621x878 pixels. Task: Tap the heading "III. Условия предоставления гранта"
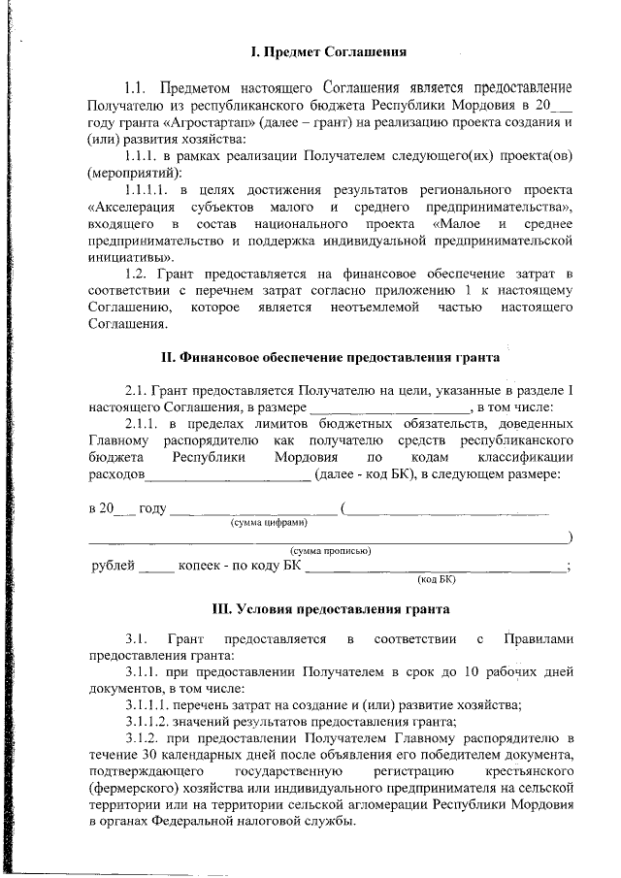pyautogui.click(x=330, y=610)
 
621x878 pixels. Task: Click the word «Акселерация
pyautogui.click(x=132, y=208)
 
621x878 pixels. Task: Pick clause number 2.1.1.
pyautogui.click(x=142, y=424)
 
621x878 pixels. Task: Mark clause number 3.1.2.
pyautogui.click(x=146, y=737)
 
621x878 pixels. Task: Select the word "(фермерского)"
pyautogui.click(x=131, y=789)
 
